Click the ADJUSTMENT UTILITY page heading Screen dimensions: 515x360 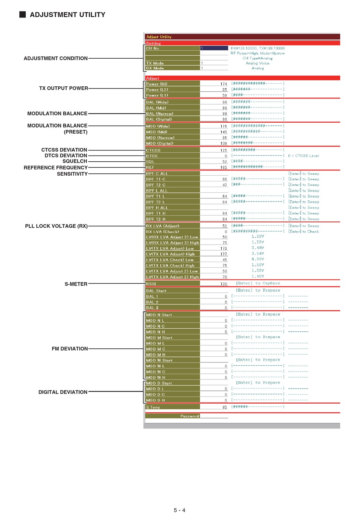pos(67,15)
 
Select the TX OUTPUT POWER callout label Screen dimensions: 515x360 pos(63,88)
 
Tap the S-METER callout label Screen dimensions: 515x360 pos(76,284)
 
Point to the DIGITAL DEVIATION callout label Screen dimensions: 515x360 pos(63,392)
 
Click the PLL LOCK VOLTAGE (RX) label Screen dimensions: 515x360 pos(56,226)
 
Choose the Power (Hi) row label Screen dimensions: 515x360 pos(157,84)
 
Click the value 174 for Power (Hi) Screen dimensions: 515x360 pos(224,84)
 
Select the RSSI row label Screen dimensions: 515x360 pos(151,284)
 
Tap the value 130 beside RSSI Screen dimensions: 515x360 pos(224,284)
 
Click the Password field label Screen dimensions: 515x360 pos(189,416)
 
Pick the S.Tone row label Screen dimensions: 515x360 pos(153,407)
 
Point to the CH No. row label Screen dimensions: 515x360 pos(153,48)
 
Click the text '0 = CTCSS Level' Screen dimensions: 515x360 pos(303,156)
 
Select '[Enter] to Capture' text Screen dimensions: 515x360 pos(258,283)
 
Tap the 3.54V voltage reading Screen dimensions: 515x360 pos(258,254)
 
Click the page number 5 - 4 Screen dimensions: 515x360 pos(180,510)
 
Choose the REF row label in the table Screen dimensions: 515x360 pos(150,167)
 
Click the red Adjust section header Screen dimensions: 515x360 pos(153,78)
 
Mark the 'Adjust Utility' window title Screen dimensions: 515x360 pos(159,37)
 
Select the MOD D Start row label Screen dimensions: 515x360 pos(159,383)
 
